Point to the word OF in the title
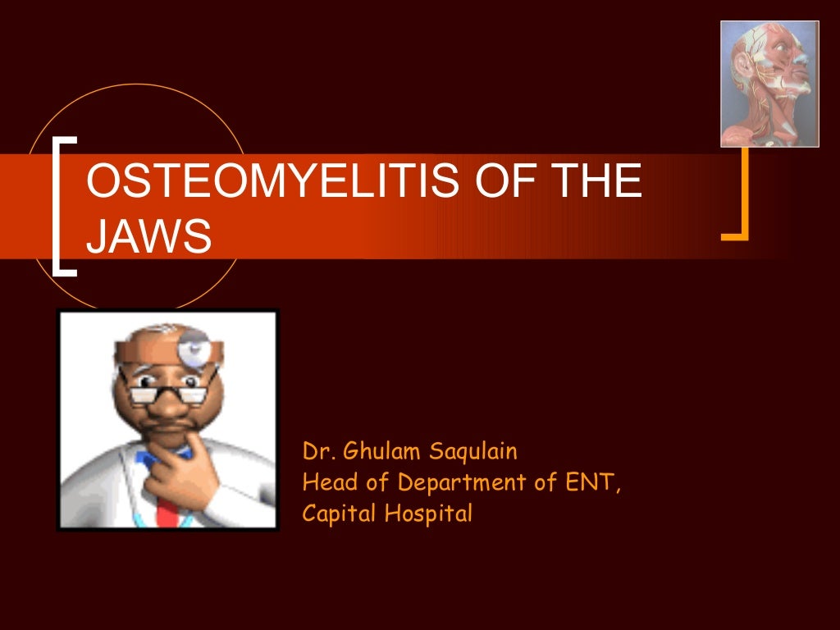(x=495, y=182)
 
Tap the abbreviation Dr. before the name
(x=319, y=451)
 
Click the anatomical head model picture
(x=769, y=84)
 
